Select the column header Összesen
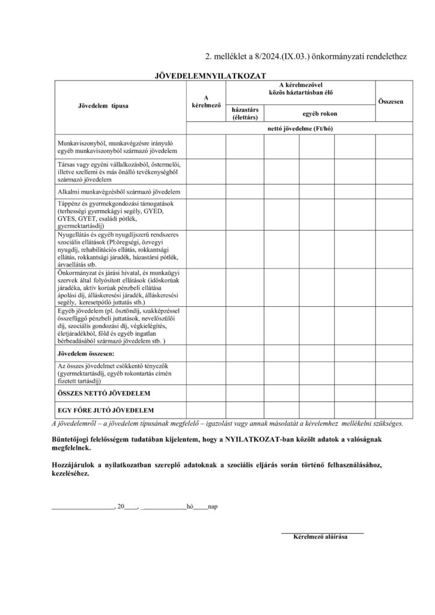coord(391,103)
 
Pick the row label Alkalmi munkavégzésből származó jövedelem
coord(119,192)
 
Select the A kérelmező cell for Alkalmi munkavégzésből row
coord(206,192)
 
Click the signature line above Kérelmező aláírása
coord(323,533)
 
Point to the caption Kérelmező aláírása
coord(320,537)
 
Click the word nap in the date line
coord(213,506)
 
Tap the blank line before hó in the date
coord(163,508)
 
